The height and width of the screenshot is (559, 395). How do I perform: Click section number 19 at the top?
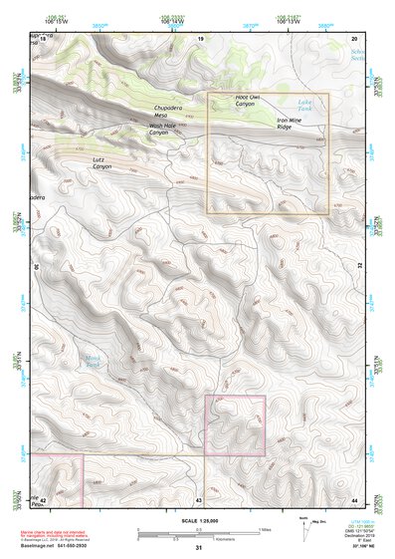coord(200,38)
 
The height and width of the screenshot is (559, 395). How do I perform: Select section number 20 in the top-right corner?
coord(354,38)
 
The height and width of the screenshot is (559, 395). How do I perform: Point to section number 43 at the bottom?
coord(199,498)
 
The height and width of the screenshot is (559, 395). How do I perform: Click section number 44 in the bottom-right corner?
coord(354,498)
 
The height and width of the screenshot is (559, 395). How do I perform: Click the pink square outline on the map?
coord(235,425)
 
